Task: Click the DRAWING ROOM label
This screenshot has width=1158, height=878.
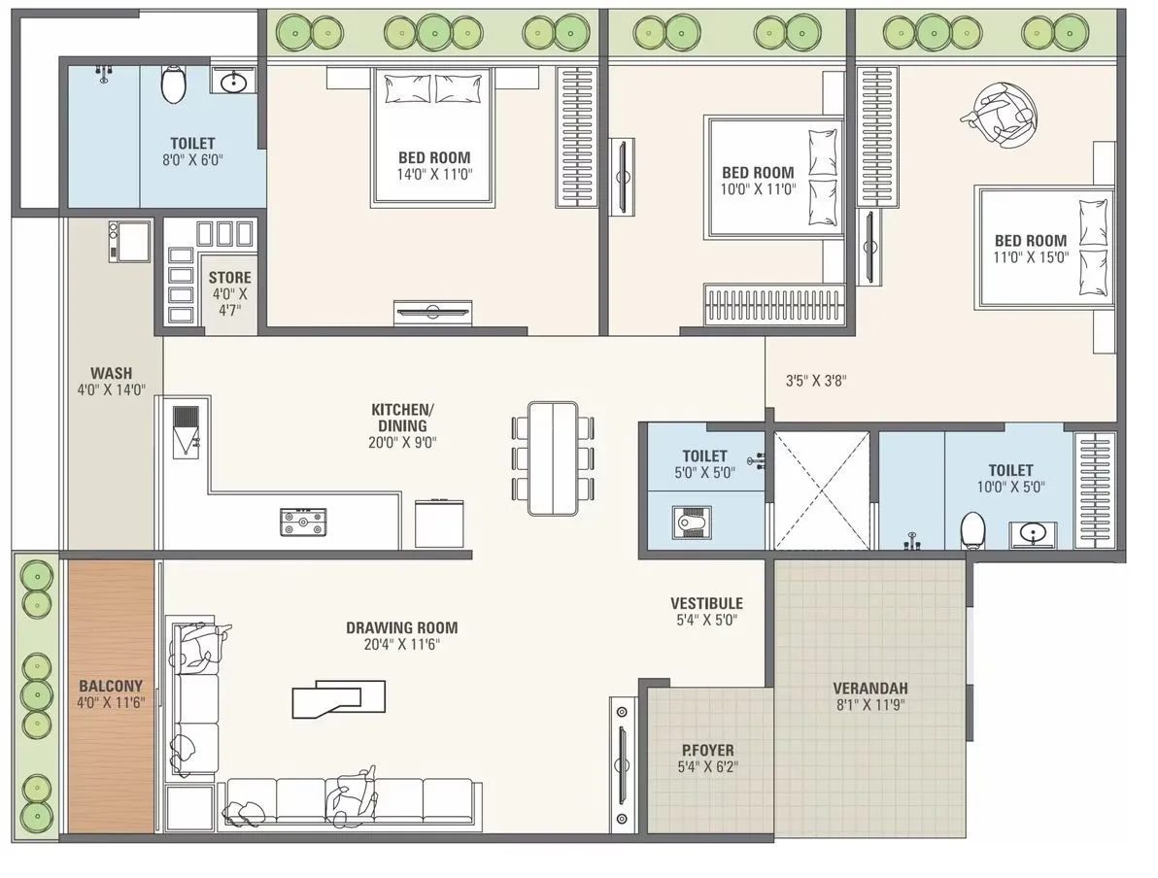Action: pyautogui.click(x=401, y=627)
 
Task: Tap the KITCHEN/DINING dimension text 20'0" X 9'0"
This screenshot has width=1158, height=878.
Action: pyautogui.click(x=398, y=442)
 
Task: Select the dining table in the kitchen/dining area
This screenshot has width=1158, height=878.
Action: pyautogui.click(x=552, y=457)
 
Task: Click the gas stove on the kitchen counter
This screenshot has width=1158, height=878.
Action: pyautogui.click(x=303, y=522)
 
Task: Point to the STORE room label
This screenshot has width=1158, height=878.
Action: pyautogui.click(x=229, y=278)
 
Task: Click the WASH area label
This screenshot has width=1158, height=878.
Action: pyautogui.click(x=111, y=373)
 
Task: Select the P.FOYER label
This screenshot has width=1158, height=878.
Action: pyautogui.click(x=707, y=750)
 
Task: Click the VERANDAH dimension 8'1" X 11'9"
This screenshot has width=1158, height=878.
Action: pyautogui.click(x=870, y=706)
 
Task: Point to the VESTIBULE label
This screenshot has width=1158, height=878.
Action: pyautogui.click(x=706, y=603)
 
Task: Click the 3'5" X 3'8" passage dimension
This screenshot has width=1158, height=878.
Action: pyautogui.click(x=816, y=381)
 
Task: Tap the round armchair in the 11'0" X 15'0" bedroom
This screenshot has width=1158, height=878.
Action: pyautogui.click(x=999, y=115)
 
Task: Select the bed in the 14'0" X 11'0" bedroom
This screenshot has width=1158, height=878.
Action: pyautogui.click(x=434, y=136)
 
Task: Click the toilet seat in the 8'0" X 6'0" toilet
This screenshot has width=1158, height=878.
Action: pyautogui.click(x=173, y=84)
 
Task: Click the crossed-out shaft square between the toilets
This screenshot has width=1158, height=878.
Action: pyautogui.click(x=821, y=490)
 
